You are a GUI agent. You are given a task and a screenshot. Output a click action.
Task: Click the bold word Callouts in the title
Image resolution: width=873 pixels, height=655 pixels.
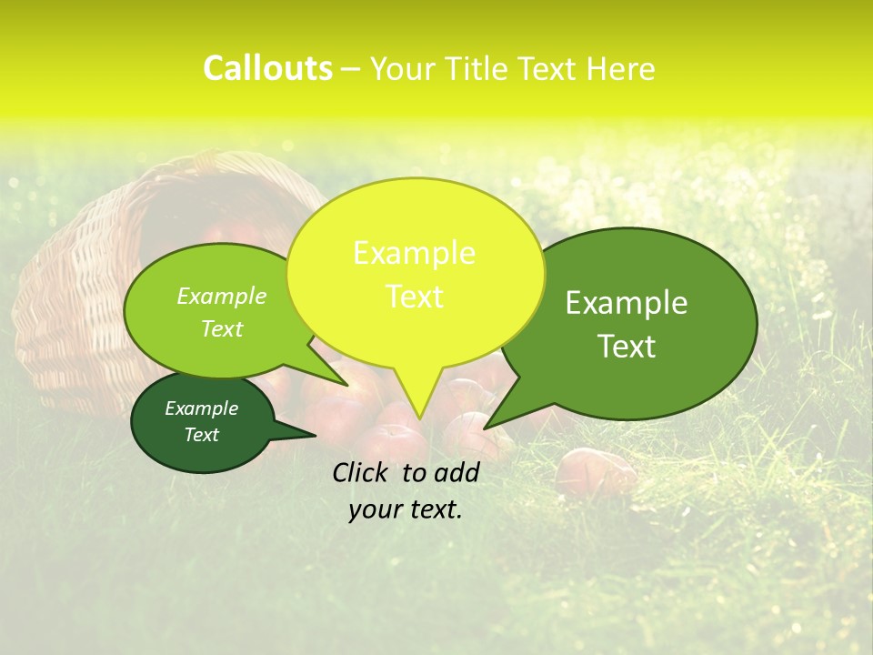click(267, 68)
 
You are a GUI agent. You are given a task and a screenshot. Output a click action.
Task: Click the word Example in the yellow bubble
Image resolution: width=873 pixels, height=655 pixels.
click(415, 253)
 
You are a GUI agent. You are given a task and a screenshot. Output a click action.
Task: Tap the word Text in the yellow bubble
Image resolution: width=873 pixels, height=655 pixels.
click(415, 297)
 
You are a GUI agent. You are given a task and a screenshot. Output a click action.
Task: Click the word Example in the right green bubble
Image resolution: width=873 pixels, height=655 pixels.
click(627, 303)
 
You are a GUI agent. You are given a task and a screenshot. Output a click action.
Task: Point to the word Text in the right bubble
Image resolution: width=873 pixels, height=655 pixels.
click(627, 347)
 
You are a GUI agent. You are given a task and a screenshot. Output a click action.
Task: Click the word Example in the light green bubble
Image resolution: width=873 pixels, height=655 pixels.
click(222, 297)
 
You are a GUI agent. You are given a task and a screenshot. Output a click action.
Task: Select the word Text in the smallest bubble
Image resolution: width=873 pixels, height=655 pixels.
click(202, 435)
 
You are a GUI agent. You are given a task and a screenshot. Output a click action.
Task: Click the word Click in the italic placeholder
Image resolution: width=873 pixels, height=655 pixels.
click(362, 472)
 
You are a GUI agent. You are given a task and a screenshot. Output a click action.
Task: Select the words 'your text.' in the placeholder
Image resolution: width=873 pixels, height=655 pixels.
click(406, 509)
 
